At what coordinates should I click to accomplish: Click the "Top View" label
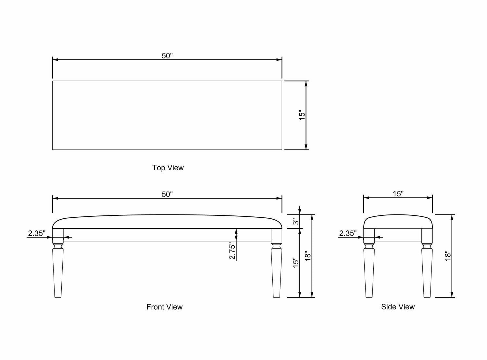point(168,168)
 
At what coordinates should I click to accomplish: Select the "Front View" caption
point(165,307)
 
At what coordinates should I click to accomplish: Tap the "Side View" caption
point(398,307)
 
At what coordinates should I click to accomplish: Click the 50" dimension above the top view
point(167,56)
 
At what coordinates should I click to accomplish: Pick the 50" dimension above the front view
point(167,194)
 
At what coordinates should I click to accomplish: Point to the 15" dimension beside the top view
point(302,115)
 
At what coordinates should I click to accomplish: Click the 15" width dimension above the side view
point(398,194)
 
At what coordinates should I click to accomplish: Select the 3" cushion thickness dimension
point(296,221)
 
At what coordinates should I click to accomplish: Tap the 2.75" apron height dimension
point(232,251)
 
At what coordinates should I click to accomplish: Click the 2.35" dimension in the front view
point(37,233)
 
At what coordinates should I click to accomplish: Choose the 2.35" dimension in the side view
point(348,233)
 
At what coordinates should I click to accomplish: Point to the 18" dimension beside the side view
point(448,256)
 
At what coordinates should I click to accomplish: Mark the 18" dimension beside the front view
point(308,256)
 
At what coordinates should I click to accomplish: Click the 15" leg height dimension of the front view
point(296,263)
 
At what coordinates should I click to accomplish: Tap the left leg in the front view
point(58,263)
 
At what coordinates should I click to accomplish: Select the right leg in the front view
point(276,263)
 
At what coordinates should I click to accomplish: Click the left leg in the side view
point(369,263)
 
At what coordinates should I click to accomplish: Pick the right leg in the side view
point(427,263)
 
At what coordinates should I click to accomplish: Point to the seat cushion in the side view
point(398,222)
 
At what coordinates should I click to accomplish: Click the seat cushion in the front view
point(167,222)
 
